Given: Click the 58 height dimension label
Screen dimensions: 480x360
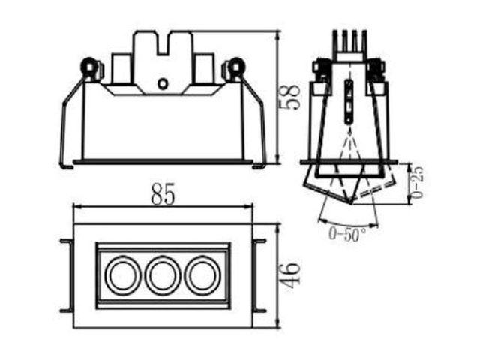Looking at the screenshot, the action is [290, 97].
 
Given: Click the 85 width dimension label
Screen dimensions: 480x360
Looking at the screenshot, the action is [163, 194].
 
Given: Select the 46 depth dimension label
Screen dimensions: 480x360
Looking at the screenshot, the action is [290, 275].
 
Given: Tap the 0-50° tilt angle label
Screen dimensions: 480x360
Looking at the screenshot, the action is [346, 234].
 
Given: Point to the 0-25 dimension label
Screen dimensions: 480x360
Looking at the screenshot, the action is [417, 182].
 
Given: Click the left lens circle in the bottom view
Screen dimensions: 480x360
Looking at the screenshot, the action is [123, 275].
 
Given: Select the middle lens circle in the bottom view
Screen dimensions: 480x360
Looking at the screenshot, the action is [163, 275].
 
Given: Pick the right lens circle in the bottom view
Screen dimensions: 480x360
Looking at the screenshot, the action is [202, 275].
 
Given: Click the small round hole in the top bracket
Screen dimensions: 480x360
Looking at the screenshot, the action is [163, 83].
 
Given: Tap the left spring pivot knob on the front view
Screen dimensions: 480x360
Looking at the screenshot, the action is [89, 66].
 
